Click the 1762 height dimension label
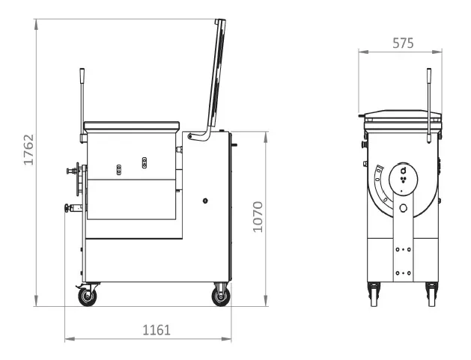pyautogui.click(x=28, y=150)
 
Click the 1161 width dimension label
pyautogui.click(x=157, y=330)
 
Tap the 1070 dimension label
pyautogui.click(x=258, y=217)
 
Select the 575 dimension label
pyautogui.click(x=403, y=43)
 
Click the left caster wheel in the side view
pyautogui.click(x=88, y=296)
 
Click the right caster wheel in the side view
pyautogui.click(x=221, y=296)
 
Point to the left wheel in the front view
pyautogui.click(x=374, y=295)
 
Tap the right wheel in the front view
pyautogui.click(x=431, y=295)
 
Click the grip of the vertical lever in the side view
pyautogui.click(x=82, y=76)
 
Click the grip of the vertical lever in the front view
pyautogui.click(x=429, y=76)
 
